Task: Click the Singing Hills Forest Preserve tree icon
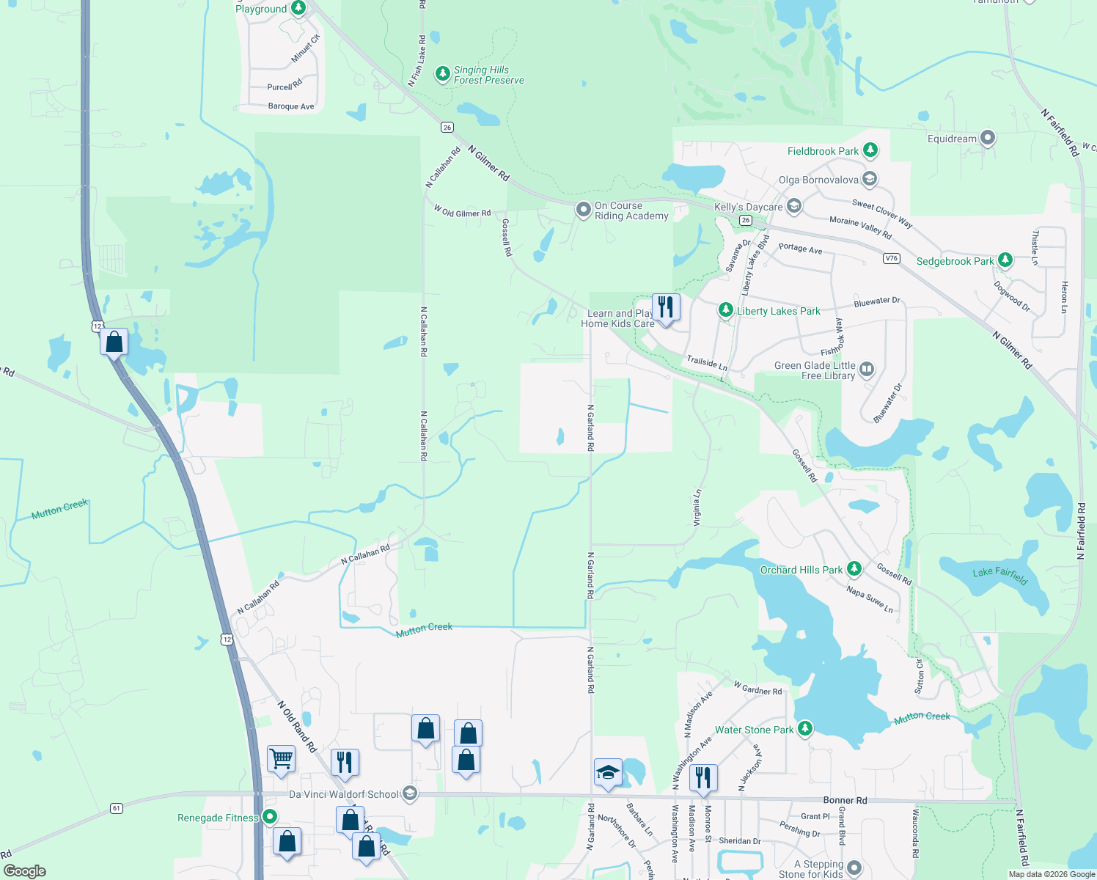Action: point(442,73)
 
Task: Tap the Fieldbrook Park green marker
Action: point(870,150)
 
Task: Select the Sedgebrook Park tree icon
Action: point(1005,260)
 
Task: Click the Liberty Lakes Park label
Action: point(778,311)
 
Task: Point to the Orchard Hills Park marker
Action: point(854,569)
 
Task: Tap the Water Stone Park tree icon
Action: point(805,729)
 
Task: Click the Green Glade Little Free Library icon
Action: point(867,369)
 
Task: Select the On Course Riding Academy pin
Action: point(583,210)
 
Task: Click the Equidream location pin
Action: point(988,138)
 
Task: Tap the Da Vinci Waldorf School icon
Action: point(410,793)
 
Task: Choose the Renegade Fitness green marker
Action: point(270,817)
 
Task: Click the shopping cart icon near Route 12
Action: point(282,760)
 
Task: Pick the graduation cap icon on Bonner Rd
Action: point(608,772)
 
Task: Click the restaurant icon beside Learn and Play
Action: point(666,307)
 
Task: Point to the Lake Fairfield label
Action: point(999,576)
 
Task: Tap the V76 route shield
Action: point(891,258)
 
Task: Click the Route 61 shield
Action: point(117,808)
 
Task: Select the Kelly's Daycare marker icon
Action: point(794,206)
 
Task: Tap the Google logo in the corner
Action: point(25,871)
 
